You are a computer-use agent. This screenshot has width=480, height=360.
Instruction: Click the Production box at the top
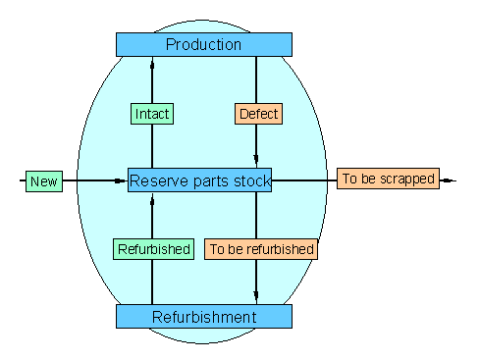204,44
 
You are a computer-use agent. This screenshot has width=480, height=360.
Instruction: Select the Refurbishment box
204,317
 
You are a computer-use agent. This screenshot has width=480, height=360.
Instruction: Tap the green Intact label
152,114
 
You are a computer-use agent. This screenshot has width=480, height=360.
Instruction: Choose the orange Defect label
258,114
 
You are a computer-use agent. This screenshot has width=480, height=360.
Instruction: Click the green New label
43,181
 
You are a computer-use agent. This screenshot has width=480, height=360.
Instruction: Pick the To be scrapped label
387,180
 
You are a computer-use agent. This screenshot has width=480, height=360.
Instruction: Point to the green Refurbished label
153,249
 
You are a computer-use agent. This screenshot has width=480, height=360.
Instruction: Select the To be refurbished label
262,249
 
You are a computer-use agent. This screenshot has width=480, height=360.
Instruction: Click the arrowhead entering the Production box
152,65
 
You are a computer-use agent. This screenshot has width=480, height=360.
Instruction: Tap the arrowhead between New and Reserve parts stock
119,180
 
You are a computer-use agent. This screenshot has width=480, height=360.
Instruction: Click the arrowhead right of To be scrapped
447,180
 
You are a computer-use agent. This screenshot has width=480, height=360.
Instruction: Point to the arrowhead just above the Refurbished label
152,203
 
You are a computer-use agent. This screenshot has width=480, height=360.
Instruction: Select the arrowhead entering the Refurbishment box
256,294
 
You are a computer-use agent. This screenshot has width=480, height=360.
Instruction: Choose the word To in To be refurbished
218,249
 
